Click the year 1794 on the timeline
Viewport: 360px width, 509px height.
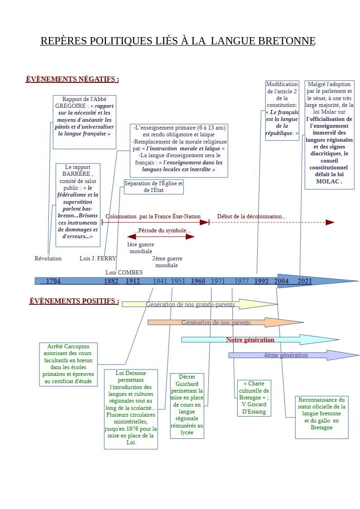pyautogui.click(x=53, y=281)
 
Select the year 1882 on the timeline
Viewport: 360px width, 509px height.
pyautogui.click(x=111, y=281)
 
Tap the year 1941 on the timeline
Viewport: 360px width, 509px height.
pyautogui.click(x=160, y=281)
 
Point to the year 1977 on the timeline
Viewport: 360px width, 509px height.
pyautogui.click(x=241, y=281)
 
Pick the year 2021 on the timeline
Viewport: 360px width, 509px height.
pyautogui.click(x=305, y=281)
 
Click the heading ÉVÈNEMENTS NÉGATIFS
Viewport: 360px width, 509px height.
pyautogui.click(x=72, y=79)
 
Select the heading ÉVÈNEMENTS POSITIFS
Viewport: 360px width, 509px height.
pyautogui.click(x=74, y=301)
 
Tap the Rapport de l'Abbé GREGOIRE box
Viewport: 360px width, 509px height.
pyautogui.click(x=84, y=122)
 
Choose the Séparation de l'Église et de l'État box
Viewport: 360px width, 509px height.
pyautogui.click(x=154, y=187)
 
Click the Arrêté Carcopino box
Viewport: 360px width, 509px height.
pyautogui.click(x=68, y=364)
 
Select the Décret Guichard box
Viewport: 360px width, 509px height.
pyautogui.click(x=187, y=406)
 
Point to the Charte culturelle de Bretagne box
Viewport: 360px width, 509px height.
pyautogui.click(x=254, y=398)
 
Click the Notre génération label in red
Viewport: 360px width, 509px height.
pyautogui.click(x=250, y=340)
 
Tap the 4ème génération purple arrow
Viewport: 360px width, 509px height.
pyautogui.click(x=294, y=355)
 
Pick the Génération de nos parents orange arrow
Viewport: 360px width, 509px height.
pyautogui.click(x=226, y=322)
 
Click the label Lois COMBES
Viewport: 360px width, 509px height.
pyautogui.click(x=124, y=272)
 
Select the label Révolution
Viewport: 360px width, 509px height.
pyautogui.click(x=48, y=259)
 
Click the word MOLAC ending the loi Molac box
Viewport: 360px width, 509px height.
pyautogui.click(x=328, y=182)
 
